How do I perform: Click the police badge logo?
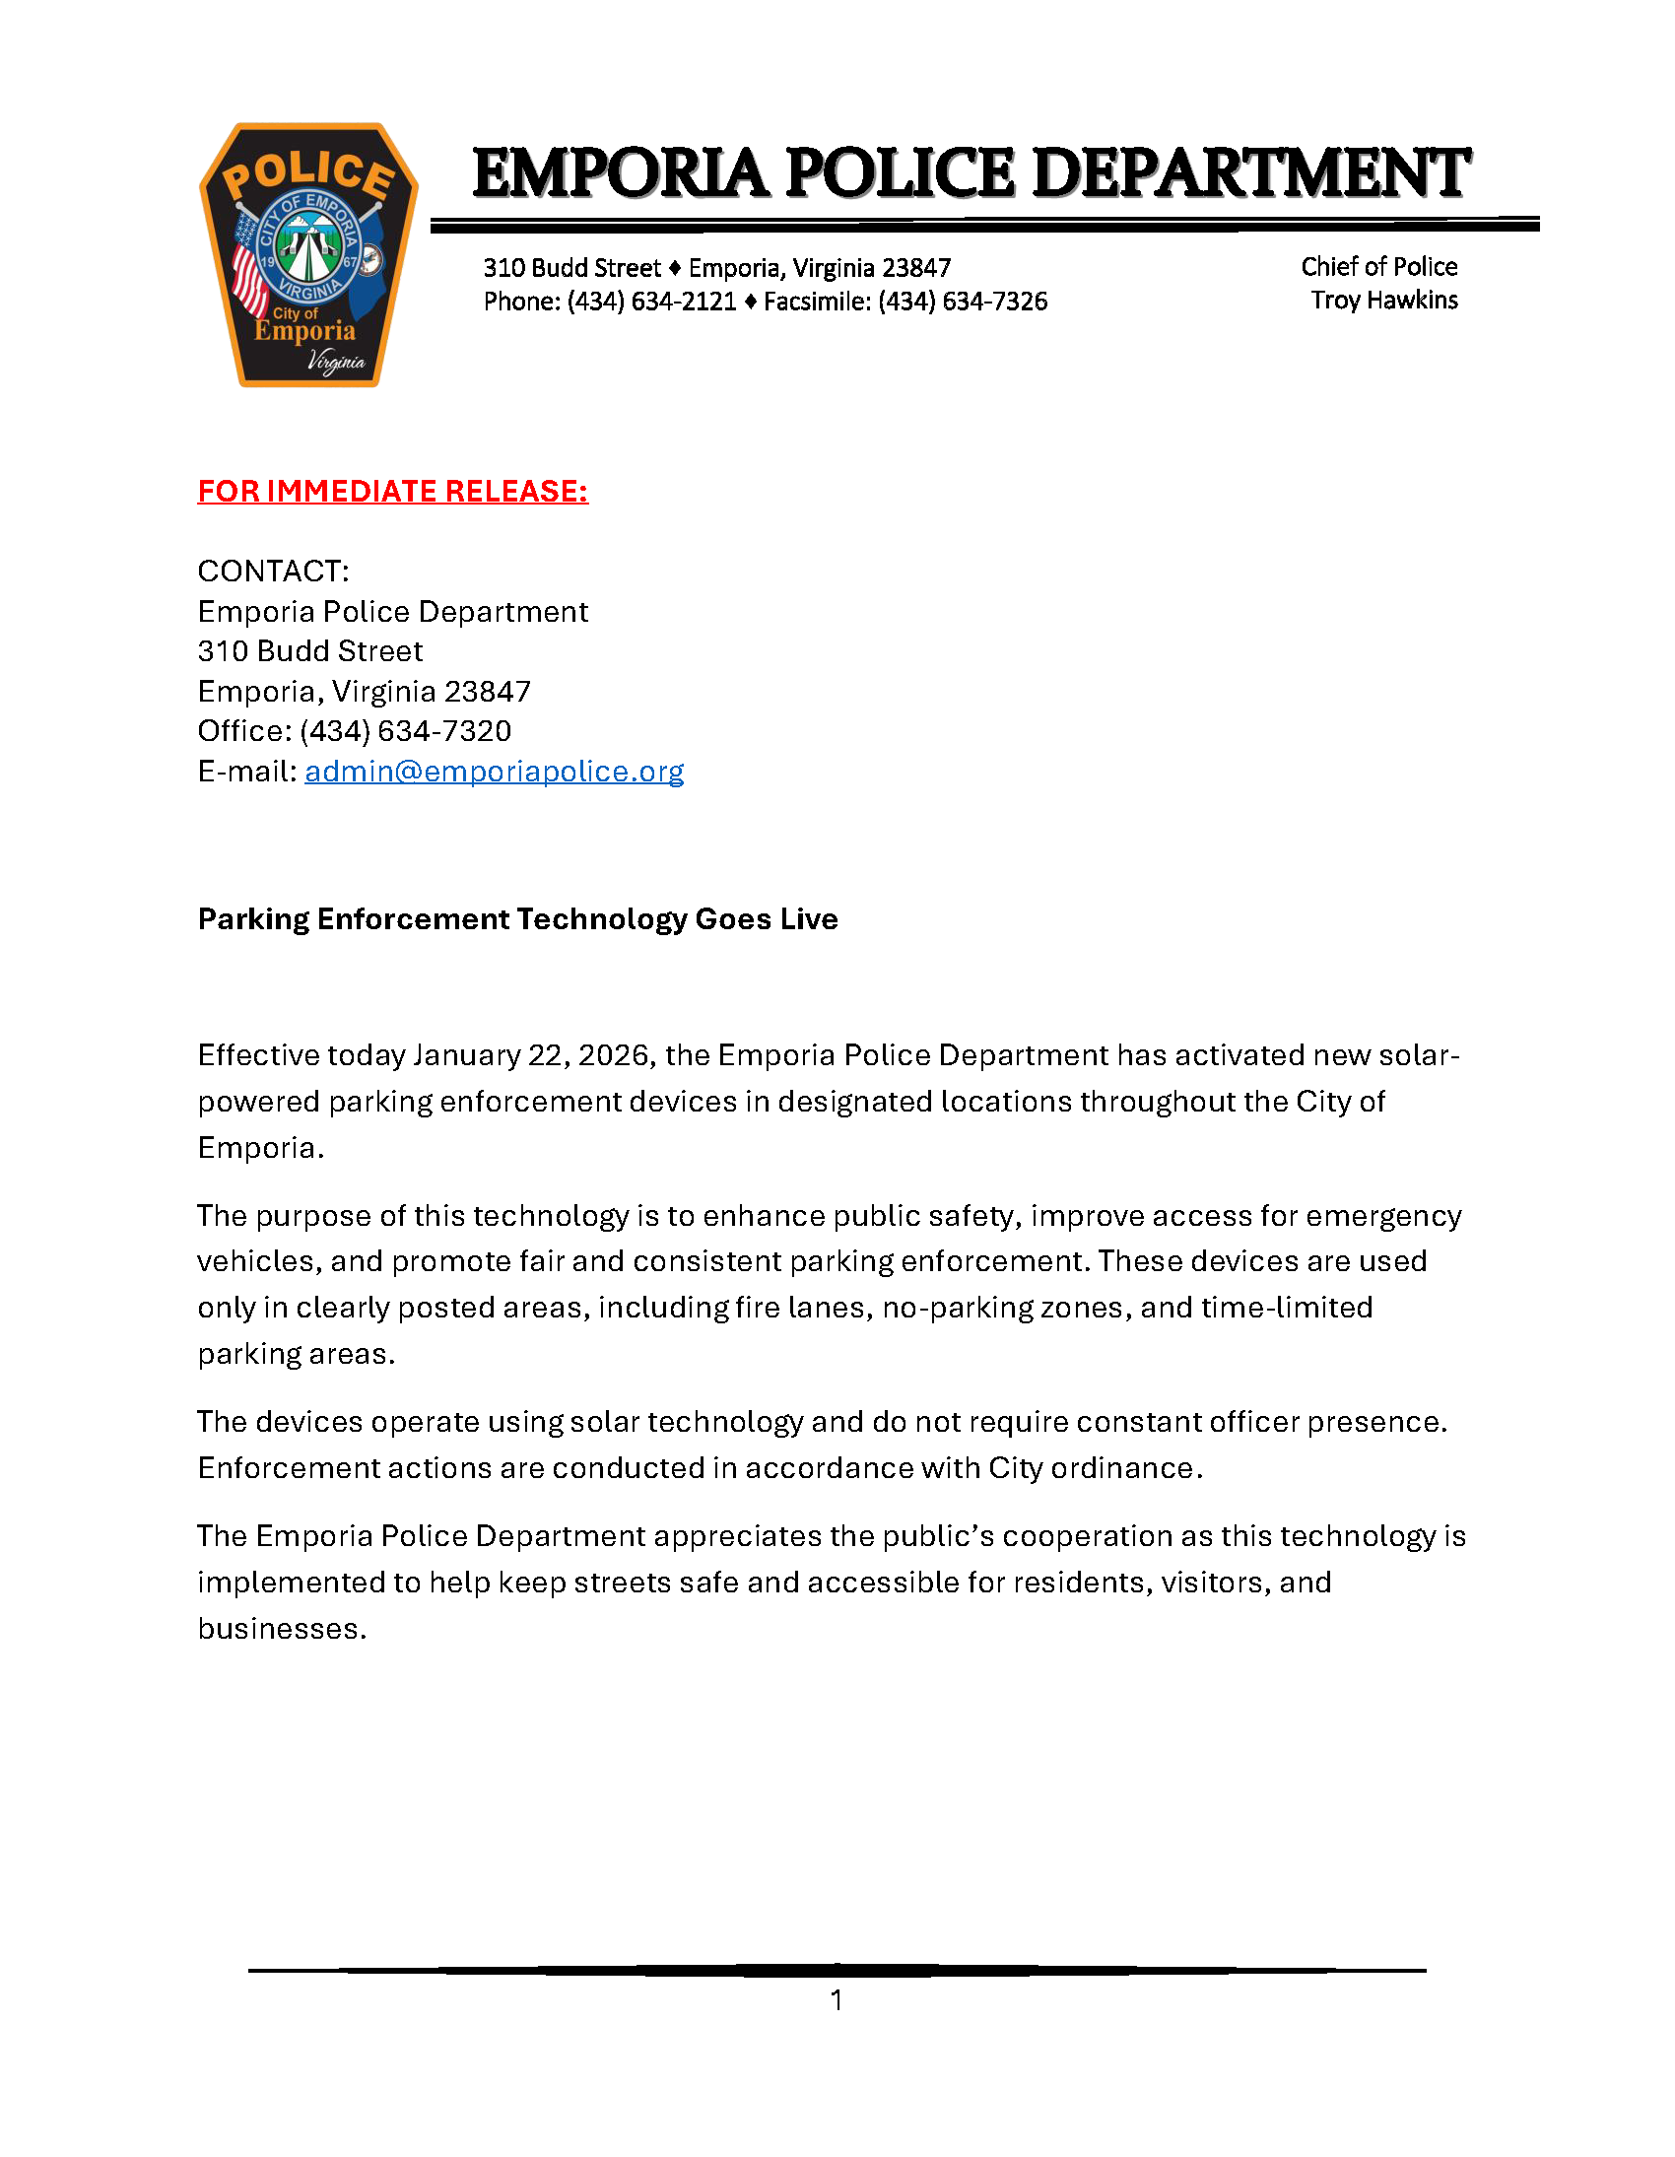coord(308,255)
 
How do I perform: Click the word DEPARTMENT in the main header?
coord(1251,172)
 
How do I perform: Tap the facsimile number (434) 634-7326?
coord(962,302)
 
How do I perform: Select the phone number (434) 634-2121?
coord(651,302)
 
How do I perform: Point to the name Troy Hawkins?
coord(1383,301)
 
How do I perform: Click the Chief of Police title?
coord(1378,267)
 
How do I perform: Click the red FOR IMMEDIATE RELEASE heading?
coord(392,491)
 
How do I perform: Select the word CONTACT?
coord(273,571)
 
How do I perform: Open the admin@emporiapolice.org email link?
coord(494,772)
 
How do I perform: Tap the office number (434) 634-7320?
coord(405,731)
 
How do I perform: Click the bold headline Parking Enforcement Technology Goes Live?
coord(517,919)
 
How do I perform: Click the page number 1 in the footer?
coord(837,2000)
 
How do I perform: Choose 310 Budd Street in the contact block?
coord(310,651)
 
